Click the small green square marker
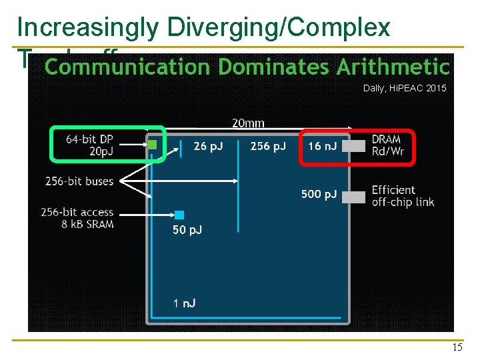coord(152,144)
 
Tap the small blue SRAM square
coord(179,215)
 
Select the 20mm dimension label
coord(248,123)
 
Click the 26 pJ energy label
coord(208,146)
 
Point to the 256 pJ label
coord(267,146)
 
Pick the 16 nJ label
coord(323,146)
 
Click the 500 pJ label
coord(319,194)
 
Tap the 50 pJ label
coord(187,230)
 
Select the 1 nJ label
coord(184,303)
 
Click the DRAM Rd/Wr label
coord(389,145)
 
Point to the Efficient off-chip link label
coord(403,196)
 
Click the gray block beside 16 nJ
coord(358,146)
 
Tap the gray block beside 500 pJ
coord(358,197)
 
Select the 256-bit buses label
coord(79,181)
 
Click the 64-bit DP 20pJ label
coord(89,145)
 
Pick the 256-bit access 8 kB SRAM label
coord(77,218)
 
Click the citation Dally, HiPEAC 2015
coord(405,88)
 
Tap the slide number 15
coord(457,347)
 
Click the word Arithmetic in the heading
coord(393,67)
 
